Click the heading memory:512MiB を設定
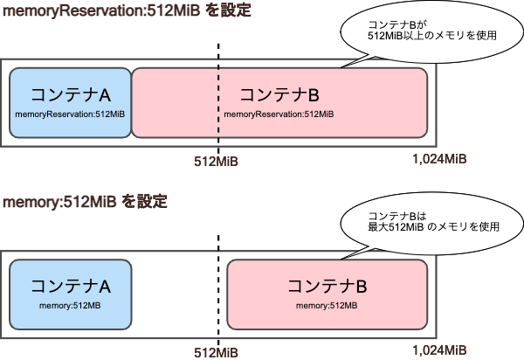(x=85, y=202)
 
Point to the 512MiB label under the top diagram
(x=216, y=161)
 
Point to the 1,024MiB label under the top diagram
(x=438, y=159)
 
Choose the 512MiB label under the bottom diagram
(x=216, y=351)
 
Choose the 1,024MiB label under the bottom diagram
(x=438, y=350)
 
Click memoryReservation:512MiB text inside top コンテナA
(x=70, y=114)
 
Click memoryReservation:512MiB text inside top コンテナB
(x=279, y=114)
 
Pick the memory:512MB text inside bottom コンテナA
(x=70, y=305)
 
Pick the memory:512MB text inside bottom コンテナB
(x=327, y=305)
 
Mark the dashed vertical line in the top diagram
(x=218, y=52)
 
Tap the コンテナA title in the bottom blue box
(x=70, y=286)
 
